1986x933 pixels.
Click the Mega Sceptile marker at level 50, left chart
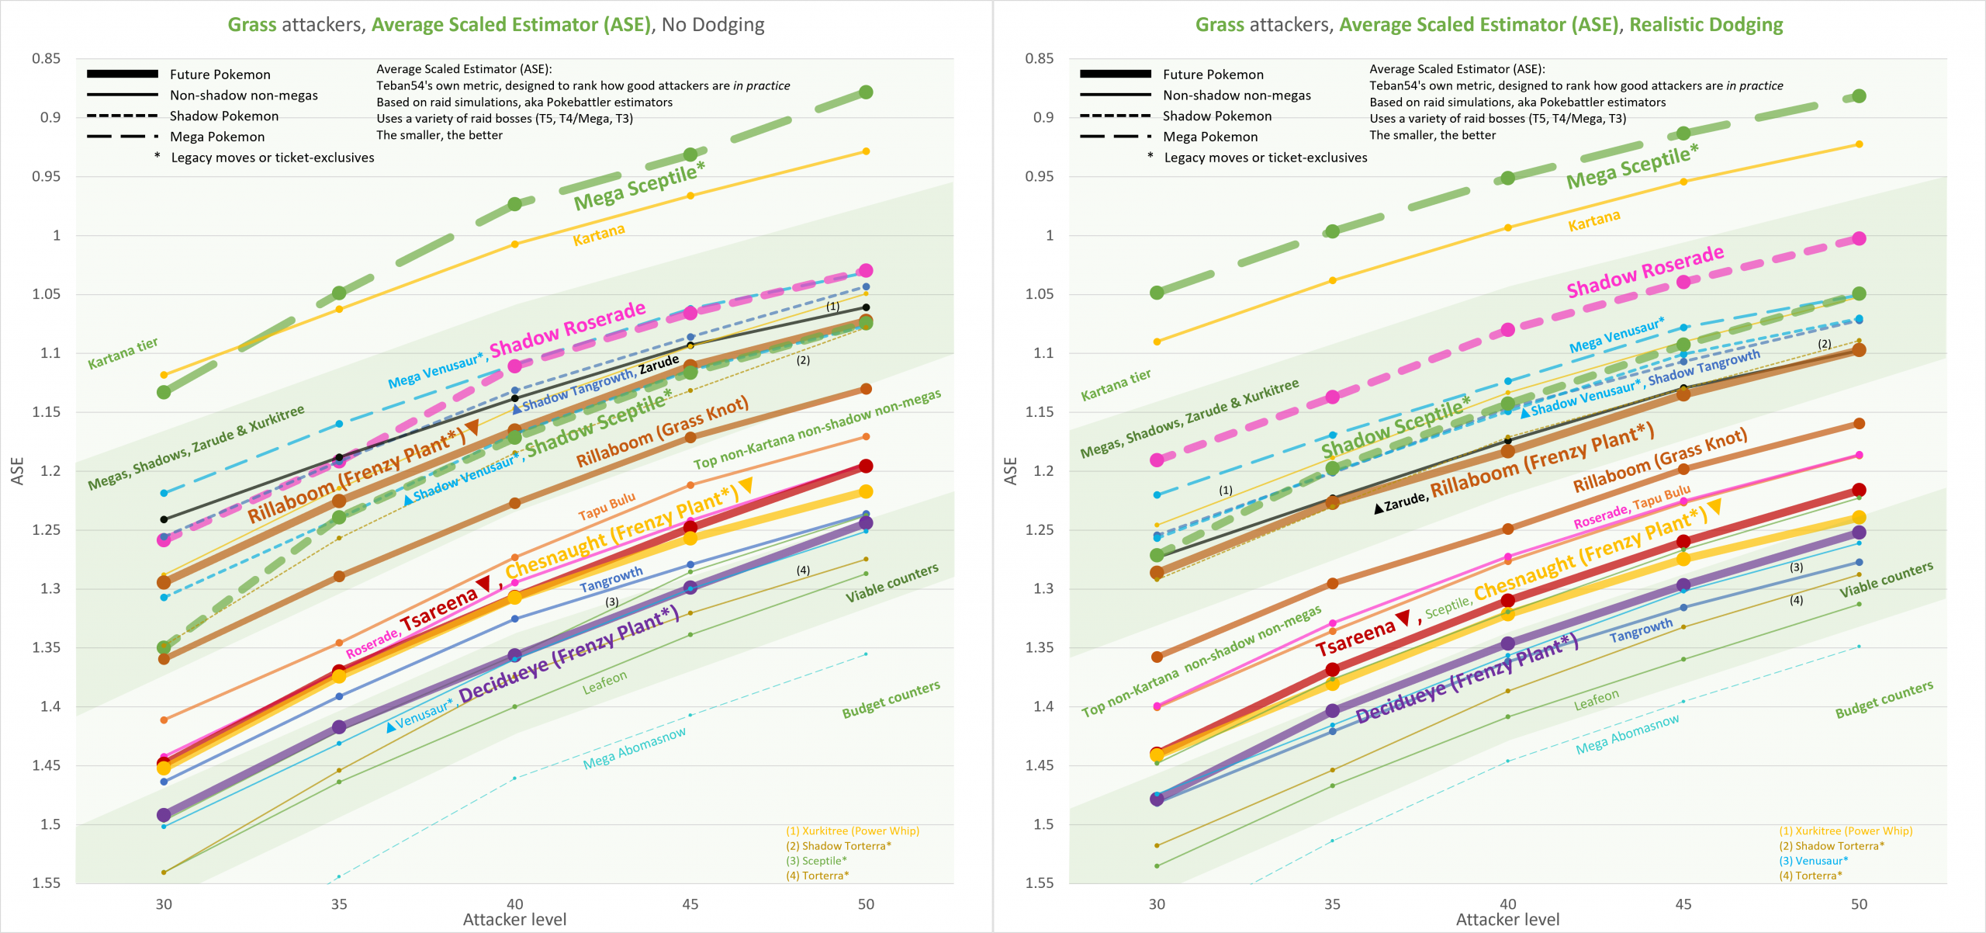click(x=866, y=92)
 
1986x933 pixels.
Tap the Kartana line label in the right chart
click(x=1593, y=221)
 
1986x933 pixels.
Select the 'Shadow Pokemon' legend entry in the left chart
click(x=223, y=116)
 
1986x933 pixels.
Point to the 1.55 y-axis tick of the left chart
click(x=46, y=883)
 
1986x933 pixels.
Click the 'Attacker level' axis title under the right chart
click(x=1507, y=920)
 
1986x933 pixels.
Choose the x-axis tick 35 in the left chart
click(x=339, y=904)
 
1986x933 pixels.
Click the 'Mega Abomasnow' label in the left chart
click(x=634, y=748)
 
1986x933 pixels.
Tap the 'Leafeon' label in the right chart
click(x=1596, y=700)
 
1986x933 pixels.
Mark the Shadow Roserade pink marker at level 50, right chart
click(x=1859, y=238)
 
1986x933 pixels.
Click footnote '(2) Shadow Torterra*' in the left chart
click(x=838, y=846)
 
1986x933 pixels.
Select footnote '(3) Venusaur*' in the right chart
click(x=1813, y=861)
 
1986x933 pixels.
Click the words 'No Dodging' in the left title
click(x=713, y=25)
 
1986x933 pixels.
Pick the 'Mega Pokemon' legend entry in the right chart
click(x=1210, y=137)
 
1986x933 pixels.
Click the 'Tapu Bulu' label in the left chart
click(x=607, y=506)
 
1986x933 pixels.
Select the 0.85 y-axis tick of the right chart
click(x=1039, y=58)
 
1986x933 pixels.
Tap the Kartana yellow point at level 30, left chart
click(x=164, y=375)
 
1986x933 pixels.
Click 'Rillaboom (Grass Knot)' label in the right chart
click(x=1659, y=460)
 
